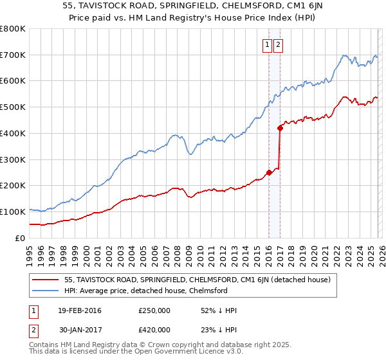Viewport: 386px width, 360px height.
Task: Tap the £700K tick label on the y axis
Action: tap(13, 55)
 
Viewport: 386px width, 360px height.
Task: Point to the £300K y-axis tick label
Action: tap(13, 159)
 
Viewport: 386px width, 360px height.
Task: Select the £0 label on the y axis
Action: tap(21, 238)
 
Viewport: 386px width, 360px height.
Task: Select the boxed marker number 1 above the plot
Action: tap(267, 45)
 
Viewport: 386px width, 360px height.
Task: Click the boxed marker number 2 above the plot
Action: tap(279, 45)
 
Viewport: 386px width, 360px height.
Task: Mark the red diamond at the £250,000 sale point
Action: tap(268, 172)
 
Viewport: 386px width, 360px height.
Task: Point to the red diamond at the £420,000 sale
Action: tap(280, 128)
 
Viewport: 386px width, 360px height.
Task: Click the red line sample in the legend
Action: tap(46, 280)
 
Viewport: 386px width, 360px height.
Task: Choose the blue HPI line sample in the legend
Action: tap(46, 291)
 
